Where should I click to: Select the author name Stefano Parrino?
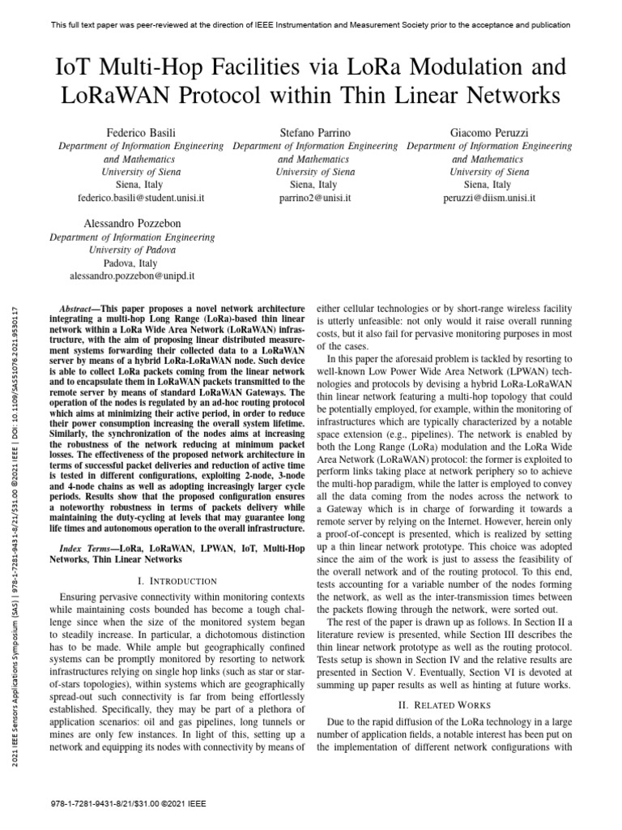(315, 131)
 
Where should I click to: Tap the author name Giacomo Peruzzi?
(489, 131)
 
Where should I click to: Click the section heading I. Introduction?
(177, 580)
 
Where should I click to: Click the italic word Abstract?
(79, 310)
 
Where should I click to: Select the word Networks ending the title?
(515, 95)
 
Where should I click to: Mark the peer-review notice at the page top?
(311, 25)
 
